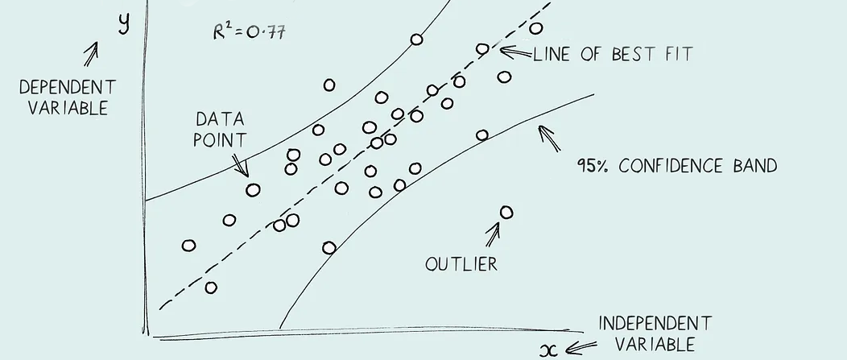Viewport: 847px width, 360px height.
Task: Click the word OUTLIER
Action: pos(461,263)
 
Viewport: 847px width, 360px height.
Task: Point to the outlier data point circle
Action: pos(506,213)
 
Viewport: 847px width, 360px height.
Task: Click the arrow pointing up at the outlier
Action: pos(492,234)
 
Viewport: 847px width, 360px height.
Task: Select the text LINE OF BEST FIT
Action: pos(613,56)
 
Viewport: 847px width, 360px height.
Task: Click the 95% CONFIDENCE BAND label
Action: pos(676,166)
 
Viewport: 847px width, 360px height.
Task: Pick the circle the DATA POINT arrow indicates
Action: pos(253,190)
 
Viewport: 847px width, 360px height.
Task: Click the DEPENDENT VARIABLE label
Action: pos(68,97)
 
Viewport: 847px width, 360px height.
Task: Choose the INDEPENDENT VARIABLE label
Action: pos(655,333)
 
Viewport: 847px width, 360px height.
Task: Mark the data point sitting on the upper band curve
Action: pos(416,39)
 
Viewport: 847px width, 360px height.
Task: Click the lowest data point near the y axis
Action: pos(211,288)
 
